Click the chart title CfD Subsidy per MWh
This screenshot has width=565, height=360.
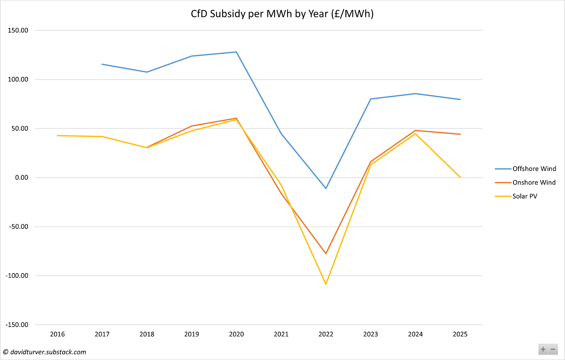[282, 14]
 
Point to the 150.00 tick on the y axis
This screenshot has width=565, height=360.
[19, 30]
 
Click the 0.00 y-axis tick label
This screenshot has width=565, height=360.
[22, 178]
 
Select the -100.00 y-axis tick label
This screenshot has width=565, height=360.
[17, 276]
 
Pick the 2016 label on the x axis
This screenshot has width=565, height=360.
[57, 334]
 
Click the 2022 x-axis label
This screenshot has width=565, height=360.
[326, 334]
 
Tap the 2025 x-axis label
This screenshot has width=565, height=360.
[460, 334]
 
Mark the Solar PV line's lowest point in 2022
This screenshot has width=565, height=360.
[326, 284]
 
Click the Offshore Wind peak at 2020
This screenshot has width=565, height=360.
[236, 52]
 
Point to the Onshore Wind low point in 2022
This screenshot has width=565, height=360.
[326, 253]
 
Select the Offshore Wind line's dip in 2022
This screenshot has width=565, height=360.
[326, 188]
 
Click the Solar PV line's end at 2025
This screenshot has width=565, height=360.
[460, 177]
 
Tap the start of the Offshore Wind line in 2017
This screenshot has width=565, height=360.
[102, 64]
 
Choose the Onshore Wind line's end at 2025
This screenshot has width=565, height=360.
[460, 134]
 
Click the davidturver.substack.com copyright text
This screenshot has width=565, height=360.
[45, 352]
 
